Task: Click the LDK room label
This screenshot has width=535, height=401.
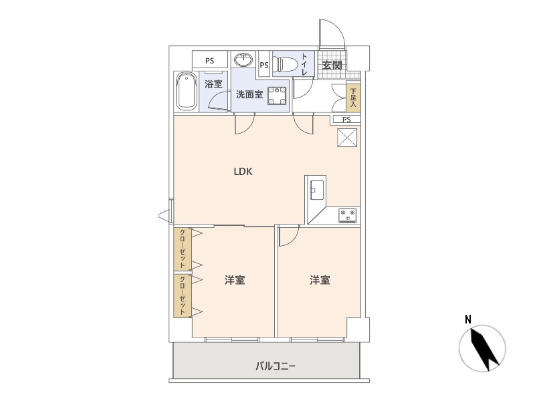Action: pyautogui.click(x=243, y=172)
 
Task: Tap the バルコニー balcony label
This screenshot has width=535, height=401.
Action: pyautogui.click(x=276, y=366)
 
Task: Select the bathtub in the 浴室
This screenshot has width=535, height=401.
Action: pyautogui.click(x=187, y=92)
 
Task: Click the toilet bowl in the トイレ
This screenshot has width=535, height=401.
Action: pyautogui.click(x=286, y=64)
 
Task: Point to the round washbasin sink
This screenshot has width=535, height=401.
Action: pyautogui.click(x=243, y=59)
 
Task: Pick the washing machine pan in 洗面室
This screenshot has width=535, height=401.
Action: pyautogui.click(x=277, y=96)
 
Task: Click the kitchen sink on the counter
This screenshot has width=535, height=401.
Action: pyautogui.click(x=316, y=190)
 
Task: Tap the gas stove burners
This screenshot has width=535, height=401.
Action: pyautogui.click(x=348, y=215)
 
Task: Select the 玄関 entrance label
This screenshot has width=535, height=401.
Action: pyautogui.click(x=332, y=65)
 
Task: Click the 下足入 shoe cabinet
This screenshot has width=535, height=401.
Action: pyautogui.click(x=353, y=98)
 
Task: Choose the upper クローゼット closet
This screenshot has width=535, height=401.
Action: pyautogui.click(x=183, y=249)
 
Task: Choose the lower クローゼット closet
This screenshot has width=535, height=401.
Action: pyautogui.click(x=183, y=296)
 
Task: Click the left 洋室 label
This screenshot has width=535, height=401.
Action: pyautogui.click(x=235, y=280)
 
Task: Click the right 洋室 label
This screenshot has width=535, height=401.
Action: pyautogui.click(x=320, y=280)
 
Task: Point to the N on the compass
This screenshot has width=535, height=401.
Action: pyautogui.click(x=468, y=320)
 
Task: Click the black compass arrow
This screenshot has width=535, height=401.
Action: pyautogui.click(x=482, y=348)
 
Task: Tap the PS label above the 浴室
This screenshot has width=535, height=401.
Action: pyautogui.click(x=210, y=61)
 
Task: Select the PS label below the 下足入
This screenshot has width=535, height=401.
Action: pyautogui.click(x=346, y=120)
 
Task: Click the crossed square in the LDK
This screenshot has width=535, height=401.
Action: pyautogui.click(x=347, y=138)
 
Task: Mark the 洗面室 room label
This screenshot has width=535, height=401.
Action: pyautogui.click(x=249, y=94)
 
